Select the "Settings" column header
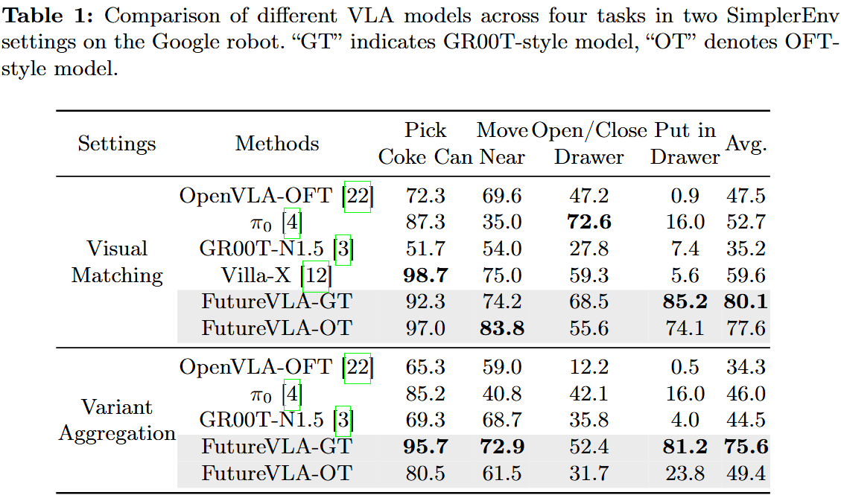pyautogui.click(x=117, y=144)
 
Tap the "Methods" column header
pyautogui.click(x=277, y=144)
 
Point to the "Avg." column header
pyautogui.click(x=746, y=144)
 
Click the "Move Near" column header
pyautogui.click(x=502, y=144)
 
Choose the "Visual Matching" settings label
pyautogui.click(x=117, y=262)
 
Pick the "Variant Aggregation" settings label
pyautogui.click(x=117, y=421)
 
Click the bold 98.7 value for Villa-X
pyautogui.click(x=425, y=275)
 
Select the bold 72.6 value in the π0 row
pyautogui.click(x=588, y=223)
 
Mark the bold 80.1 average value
pyautogui.click(x=746, y=302)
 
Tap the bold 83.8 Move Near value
pyautogui.click(x=502, y=328)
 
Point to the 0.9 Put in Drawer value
pyautogui.click(x=685, y=197)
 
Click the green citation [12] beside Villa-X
pyautogui.click(x=316, y=276)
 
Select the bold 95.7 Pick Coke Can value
pyautogui.click(x=425, y=447)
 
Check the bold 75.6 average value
pyautogui.click(x=746, y=447)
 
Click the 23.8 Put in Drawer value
pyautogui.click(x=685, y=473)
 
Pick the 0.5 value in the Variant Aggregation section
pyautogui.click(x=685, y=368)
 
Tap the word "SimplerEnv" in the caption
pyautogui.click(x=789, y=16)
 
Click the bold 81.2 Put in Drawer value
pyautogui.click(x=685, y=447)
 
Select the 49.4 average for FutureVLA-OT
pyautogui.click(x=746, y=473)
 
